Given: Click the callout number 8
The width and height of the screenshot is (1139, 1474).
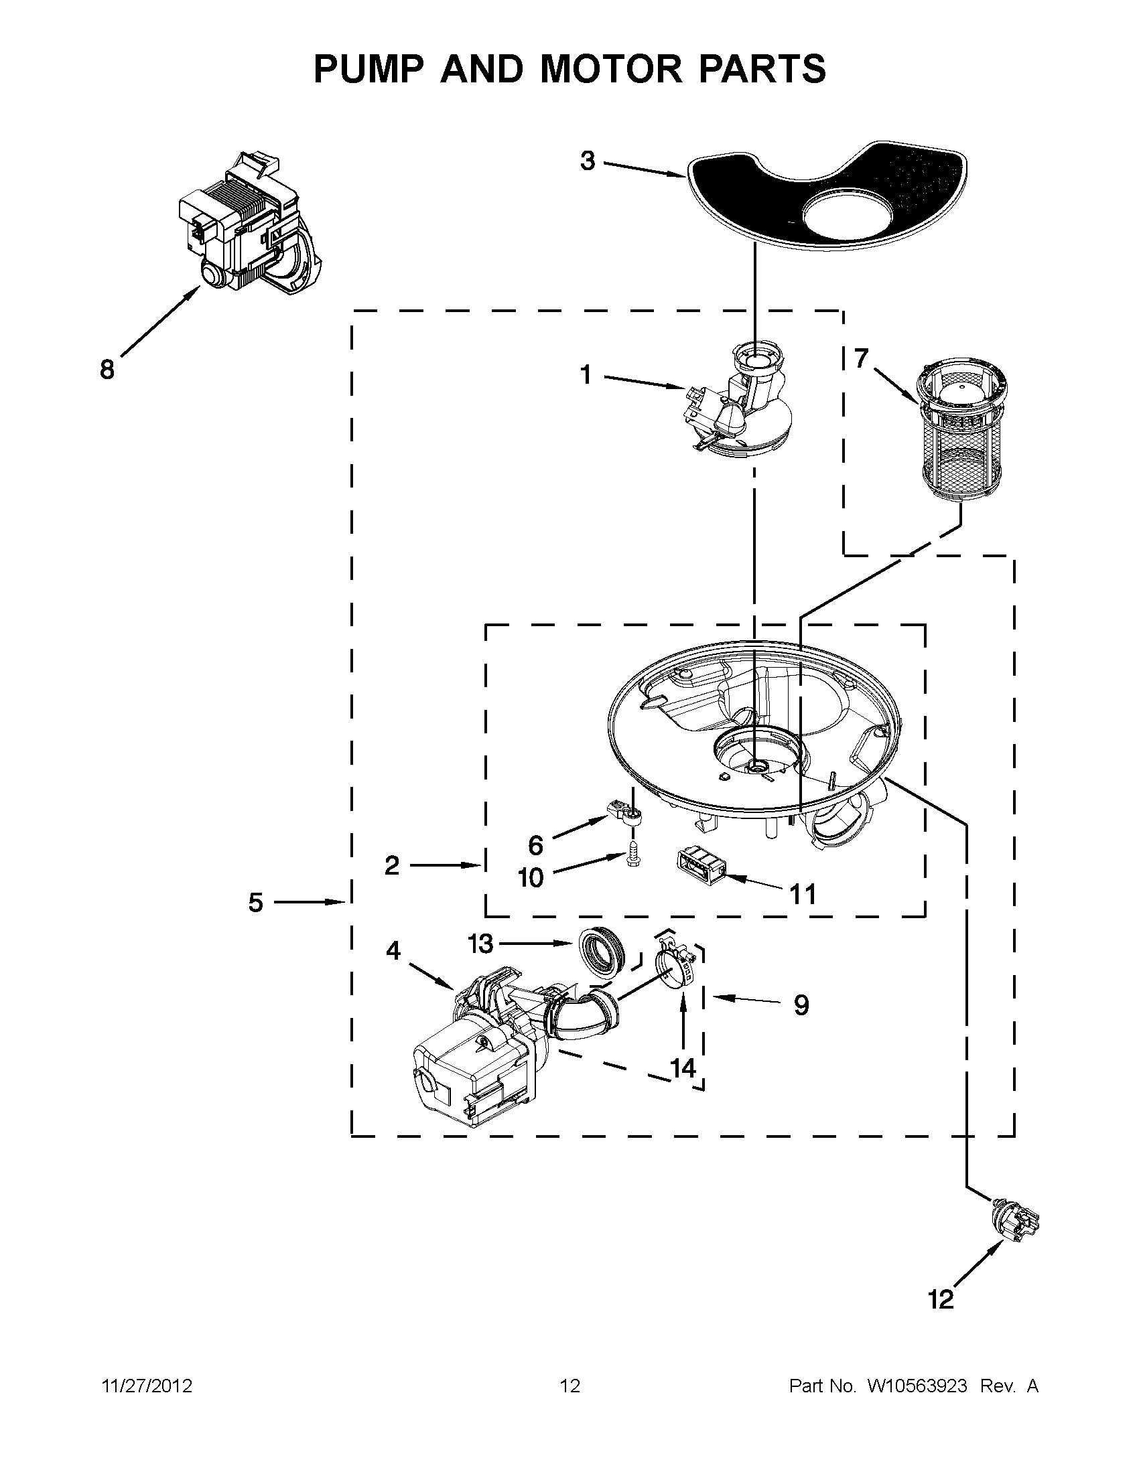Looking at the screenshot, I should tap(107, 370).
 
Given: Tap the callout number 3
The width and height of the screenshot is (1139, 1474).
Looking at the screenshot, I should tap(588, 161).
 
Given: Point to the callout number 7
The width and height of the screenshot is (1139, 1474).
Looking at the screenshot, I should tap(860, 358).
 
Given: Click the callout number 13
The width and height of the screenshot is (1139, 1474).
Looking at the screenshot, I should tap(480, 944).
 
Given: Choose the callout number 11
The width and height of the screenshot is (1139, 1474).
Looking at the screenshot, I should tap(803, 894).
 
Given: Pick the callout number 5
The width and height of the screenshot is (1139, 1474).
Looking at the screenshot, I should tap(255, 901).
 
